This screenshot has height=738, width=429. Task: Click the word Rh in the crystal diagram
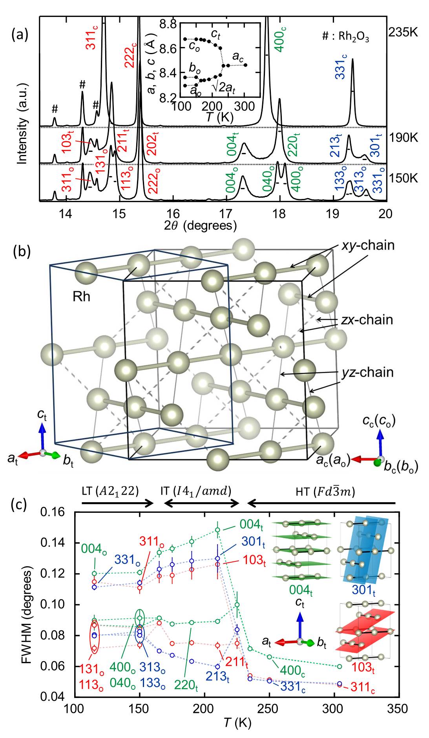click(x=81, y=296)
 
